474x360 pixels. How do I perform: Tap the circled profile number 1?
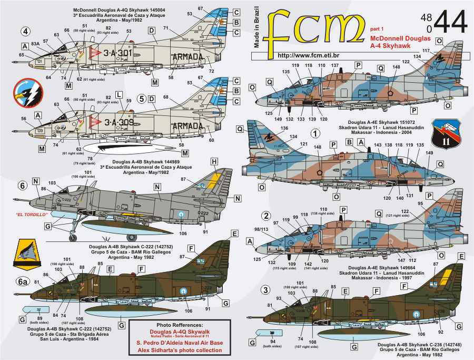pyautogui.click(x=315, y=134)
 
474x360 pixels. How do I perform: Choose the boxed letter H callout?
pyautogui.click(x=214, y=161)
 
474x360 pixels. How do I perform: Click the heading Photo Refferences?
pyautogui.click(x=180, y=325)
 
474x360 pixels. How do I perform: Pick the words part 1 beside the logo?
pyautogui.click(x=376, y=28)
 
